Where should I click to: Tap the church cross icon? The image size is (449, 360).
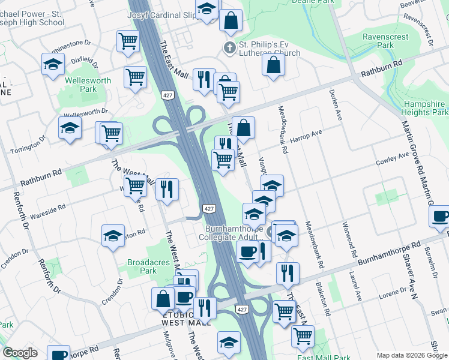[229, 47]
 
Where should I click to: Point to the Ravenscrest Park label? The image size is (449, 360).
[386, 41]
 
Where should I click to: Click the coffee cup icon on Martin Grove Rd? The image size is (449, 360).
[440, 217]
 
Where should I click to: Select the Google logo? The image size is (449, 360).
[20, 353]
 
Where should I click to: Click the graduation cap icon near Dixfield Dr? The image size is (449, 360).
[53, 64]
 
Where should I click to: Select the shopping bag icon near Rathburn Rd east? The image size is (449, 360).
[273, 66]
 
